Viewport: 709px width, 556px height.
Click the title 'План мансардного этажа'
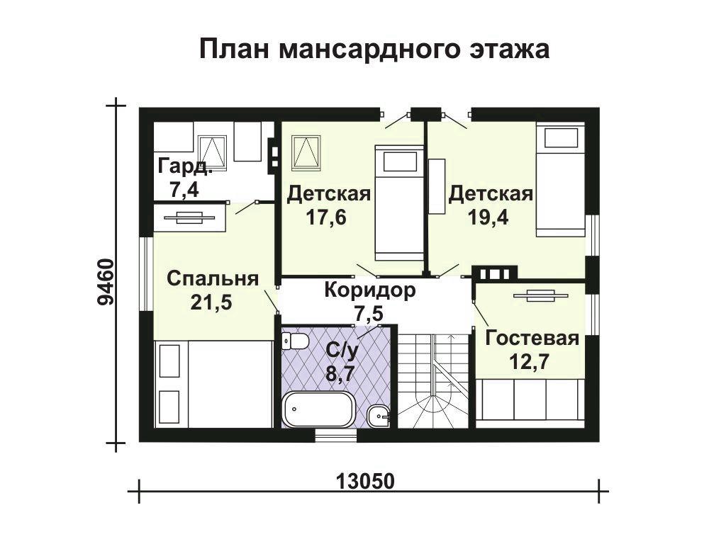pos(374,49)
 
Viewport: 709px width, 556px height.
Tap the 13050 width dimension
pos(365,482)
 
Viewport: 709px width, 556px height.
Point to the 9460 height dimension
pos(106,282)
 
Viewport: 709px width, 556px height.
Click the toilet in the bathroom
pos(294,341)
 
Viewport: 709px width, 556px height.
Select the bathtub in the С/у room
pos(318,409)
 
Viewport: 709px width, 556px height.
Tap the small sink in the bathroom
pos(379,416)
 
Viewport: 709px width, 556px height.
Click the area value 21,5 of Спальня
pos(211,302)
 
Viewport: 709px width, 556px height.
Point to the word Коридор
pos(370,290)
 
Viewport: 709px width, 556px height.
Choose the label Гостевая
pos(532,339)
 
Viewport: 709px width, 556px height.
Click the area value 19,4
pos(488,217)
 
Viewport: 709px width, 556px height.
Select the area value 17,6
pos(326,217)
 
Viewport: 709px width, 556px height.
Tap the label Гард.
pos(185,166)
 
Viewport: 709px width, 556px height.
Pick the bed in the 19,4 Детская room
pos(561,181)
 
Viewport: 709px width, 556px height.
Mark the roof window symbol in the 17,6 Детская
pos(306,152)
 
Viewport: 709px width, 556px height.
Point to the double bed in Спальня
pos(214,384)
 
